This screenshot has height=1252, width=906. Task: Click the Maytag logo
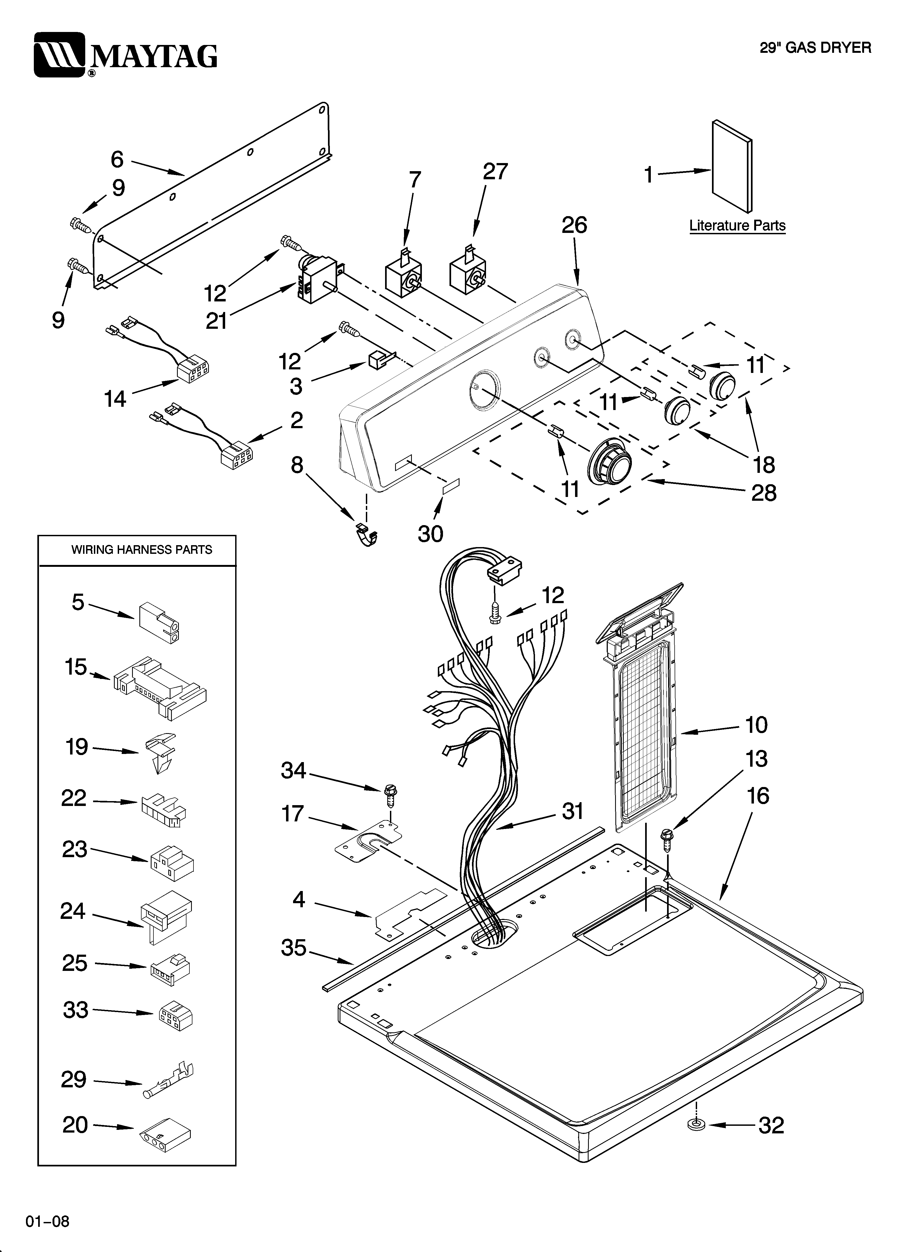pyautogui.click(x=126, y=55)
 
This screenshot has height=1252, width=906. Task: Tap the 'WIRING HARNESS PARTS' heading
pyautogui.click(x=142, y=550)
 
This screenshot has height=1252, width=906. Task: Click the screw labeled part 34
pyautogui.click(x=391, y=795)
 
